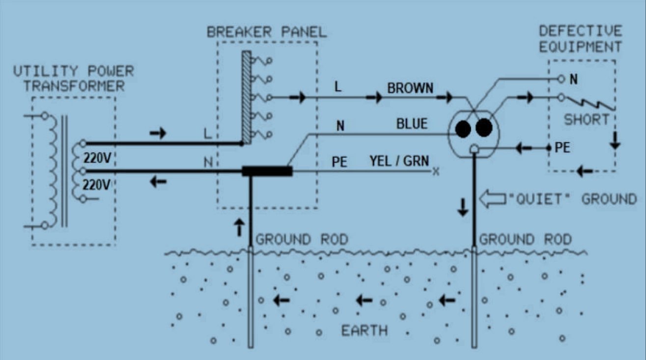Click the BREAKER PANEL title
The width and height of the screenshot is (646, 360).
267,32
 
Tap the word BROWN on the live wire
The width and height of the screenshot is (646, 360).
410,88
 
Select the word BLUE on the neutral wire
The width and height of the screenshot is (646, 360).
412,124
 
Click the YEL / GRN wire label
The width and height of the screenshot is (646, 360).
399,161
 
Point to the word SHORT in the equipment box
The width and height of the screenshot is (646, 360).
586,120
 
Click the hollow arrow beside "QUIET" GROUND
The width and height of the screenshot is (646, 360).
493,199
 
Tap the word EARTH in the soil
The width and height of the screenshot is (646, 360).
365,331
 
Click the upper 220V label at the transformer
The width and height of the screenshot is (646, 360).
97,158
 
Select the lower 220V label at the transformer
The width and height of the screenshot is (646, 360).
96,185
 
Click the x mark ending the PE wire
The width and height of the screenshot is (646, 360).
436,172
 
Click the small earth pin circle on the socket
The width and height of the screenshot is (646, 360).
474,149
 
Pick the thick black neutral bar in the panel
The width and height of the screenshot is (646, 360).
267,171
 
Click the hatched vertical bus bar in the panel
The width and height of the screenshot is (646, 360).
247,97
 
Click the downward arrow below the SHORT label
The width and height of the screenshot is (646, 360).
615,140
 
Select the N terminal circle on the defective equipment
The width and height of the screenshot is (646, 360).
561,79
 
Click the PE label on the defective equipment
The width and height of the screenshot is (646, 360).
562,147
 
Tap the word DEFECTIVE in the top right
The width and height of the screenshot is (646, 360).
581,31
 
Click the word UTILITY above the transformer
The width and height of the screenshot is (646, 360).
46,71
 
